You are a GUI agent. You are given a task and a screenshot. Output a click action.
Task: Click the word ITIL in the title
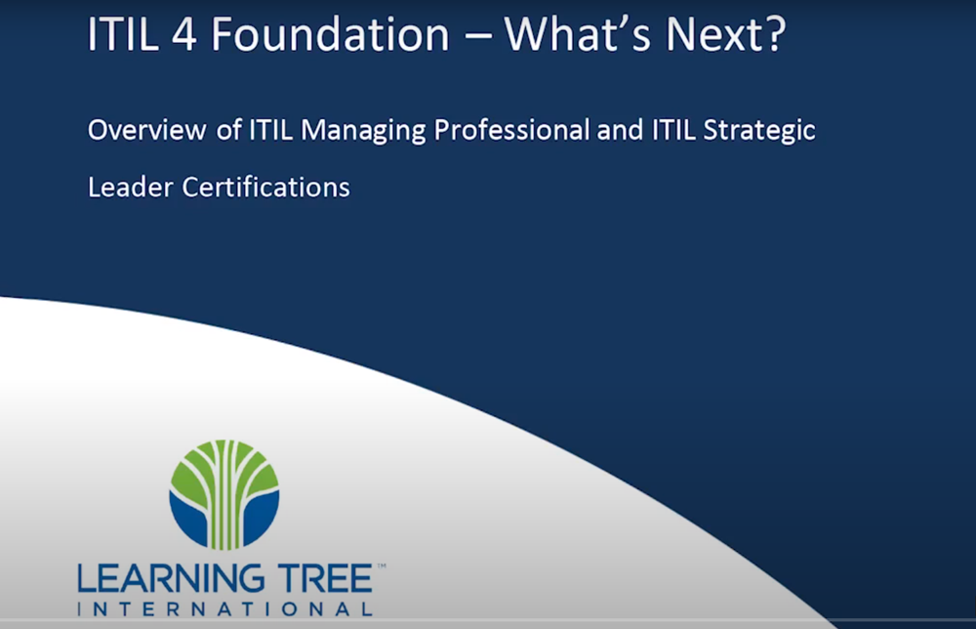123,34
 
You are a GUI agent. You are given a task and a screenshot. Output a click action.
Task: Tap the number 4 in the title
184,35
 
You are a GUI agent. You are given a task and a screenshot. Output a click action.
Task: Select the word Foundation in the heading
330,34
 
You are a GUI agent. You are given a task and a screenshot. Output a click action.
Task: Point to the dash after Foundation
478,37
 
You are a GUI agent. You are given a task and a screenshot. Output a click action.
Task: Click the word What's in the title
577,34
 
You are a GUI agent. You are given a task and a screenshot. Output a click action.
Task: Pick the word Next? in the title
725,34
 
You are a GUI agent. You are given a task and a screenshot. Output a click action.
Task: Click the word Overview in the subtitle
147,130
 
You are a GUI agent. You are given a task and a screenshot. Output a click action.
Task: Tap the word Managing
363,131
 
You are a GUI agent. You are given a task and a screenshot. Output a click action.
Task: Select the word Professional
511,130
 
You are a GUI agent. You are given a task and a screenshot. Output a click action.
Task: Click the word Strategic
759,131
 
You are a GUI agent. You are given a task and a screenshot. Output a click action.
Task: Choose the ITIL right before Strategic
673,130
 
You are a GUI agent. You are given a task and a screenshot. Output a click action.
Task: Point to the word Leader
130,188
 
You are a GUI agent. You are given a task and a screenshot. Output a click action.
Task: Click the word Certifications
265,187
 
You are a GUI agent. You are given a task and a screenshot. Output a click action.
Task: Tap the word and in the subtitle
620,130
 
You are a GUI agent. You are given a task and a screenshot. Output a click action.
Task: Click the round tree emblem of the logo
224,495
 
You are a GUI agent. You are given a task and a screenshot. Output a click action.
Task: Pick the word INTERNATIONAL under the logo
225,609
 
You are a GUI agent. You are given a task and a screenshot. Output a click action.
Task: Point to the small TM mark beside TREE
382,566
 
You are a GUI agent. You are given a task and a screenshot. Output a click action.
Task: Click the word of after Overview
229,130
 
